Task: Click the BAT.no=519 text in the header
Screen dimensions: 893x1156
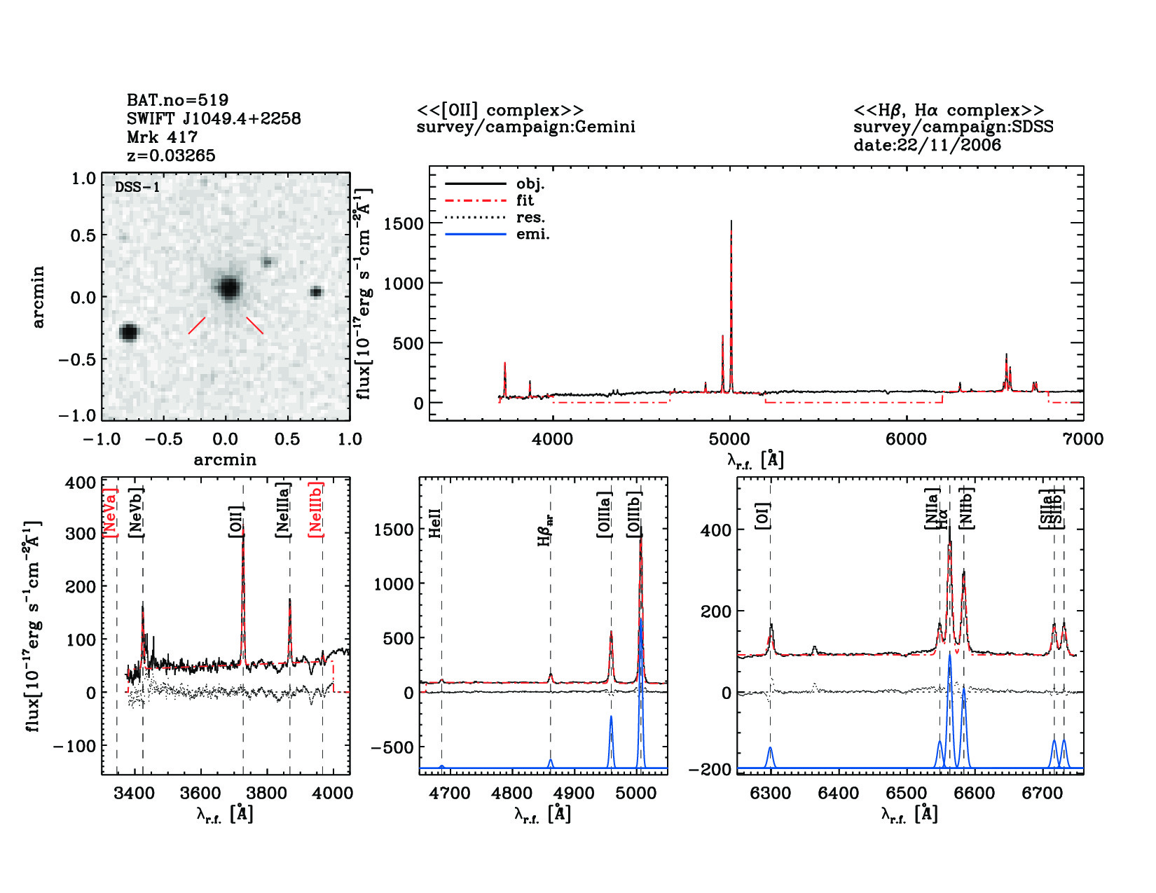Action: pyautogui.click(x=177, y=100)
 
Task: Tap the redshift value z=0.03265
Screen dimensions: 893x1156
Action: pyautogui.click(x=171, y=155)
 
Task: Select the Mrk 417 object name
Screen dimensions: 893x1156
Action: pyautogui.click(x=162, y=137)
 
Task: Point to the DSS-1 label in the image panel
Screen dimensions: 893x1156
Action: pyautogui.click(x=137, y=187)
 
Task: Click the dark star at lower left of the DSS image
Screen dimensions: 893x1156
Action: pyautogui.click(x=129, y=332)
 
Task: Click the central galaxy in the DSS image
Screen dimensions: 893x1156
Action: pyautogui.click(x=228, y=288)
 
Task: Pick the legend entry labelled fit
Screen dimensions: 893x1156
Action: pyautogui.click(x=525, y=201)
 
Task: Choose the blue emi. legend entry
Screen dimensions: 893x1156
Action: pyautogui.click(x=532, y=235)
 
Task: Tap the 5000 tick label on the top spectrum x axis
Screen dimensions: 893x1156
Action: pyautogui.click(x=729, y=440)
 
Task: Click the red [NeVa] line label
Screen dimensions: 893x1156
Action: pyautogui.click(x=110, y=513)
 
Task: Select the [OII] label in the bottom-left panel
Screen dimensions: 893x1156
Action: pyautogui.click(x=235, y=522)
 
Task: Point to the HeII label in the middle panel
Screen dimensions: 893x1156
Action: pyautogui.click(x=435, y=523)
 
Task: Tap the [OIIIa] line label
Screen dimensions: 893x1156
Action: pyautogui.click(x=604, y=515)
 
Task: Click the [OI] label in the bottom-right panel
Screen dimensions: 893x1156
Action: pyautogui.click(x=763, y=515)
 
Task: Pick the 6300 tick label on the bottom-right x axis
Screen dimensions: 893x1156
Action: pyautogui.click(x=770, y=794)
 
